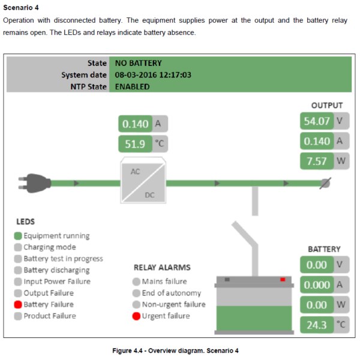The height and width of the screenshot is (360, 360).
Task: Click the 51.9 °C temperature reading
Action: pyautogui.click(x=136, y=144)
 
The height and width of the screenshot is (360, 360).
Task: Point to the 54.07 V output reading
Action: pyautogui.click(x=317, y=121)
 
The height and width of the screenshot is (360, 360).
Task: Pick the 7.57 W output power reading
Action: pyautogui.click(x=317, y=161)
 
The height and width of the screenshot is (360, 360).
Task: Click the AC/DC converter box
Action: pyautogui.click(x=143, y=181)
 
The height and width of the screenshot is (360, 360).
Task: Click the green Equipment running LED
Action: pyautogui.click(x=18, y=236)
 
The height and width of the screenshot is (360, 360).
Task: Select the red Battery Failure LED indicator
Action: pyautogui.click(x=18, y=305)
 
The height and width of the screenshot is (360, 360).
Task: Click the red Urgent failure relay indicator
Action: pyautogui.click(x=136, y=316)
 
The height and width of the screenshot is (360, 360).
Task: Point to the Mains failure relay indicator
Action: pyautogui.click(x=136, y=281)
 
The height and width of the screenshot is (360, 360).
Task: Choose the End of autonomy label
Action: pyautogui.click(x=171, y=293)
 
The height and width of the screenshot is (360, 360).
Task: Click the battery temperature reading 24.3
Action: pyautogui.click(x=317, y=325)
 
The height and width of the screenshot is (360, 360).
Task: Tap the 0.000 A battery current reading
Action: pyautogui.click(x=317, y=285)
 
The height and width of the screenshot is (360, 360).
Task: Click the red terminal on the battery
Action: pyautogui.click(x=283, y=279)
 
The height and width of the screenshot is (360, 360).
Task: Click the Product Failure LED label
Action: pyautogui.click(x=50, y=316)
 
